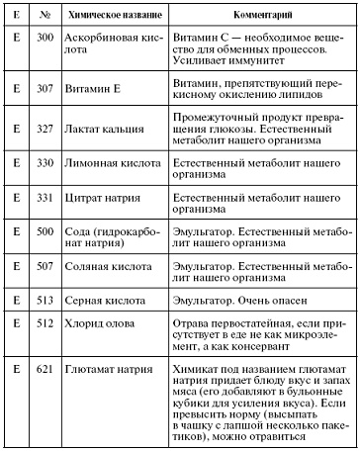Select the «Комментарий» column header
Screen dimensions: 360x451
click(x=259, y=19)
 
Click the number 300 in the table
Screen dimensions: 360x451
click(x=45, y=46)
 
